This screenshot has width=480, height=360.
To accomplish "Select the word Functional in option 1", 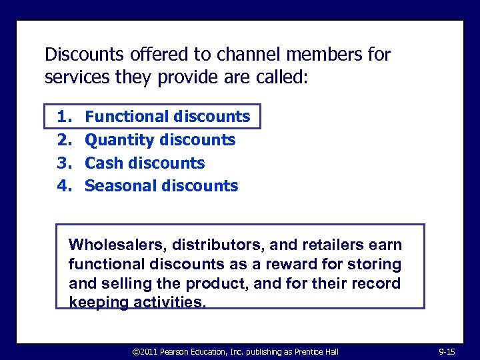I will (127, 117).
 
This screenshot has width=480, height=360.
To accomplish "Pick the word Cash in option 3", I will (103, 163).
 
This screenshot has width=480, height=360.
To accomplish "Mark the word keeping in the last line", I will (97, 302).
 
